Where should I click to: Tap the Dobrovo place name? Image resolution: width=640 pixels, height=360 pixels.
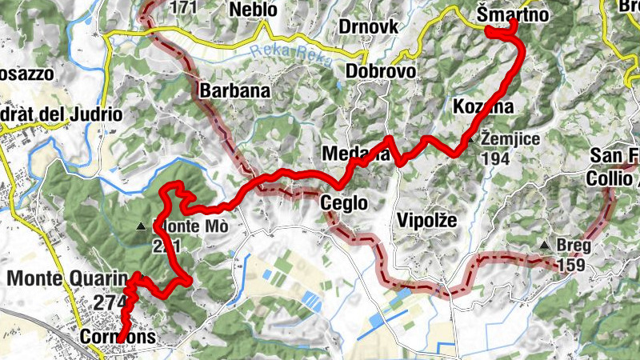pyautogui.click(x=381, y=72)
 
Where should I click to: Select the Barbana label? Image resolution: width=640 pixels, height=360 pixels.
pyautogui.click(x=235, y=90)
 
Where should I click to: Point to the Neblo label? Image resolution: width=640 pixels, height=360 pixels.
pyautogui.click(x=253, y=10)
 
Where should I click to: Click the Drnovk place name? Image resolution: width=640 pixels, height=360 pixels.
pyautogui.click(x=368, y=26)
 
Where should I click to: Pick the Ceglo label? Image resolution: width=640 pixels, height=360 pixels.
pyautogui.click(x=344, y=203)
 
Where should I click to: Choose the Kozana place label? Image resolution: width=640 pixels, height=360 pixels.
pyautogui.click(x=482, y=106)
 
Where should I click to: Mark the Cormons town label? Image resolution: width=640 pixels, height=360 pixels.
pyautogui.click(x=118, y=338)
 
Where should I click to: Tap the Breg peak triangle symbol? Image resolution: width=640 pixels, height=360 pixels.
pyautogui.click(x=545, y=245)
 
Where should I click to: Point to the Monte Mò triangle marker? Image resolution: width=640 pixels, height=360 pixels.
pyautogui.click(x=142, y=226)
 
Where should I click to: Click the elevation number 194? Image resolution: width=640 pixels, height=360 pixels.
pyautogui.click(x=497, y=158)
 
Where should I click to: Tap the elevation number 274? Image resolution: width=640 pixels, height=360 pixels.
pyautogui.click(x=110, y=303)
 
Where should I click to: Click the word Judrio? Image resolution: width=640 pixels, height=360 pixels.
pyautogui.click(x=95, y=114)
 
